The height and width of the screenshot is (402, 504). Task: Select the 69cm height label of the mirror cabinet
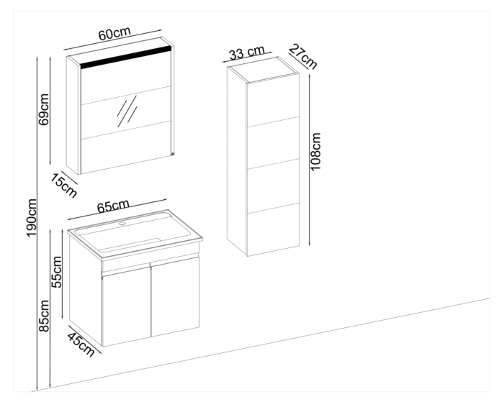(44, 109)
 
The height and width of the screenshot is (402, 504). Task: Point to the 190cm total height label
(32, 219)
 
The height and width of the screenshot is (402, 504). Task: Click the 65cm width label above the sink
(113, 206)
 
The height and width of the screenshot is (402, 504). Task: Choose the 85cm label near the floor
(44, 317)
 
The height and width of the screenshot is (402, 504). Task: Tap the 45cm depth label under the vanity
(81, 341)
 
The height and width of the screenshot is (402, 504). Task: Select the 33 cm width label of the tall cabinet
(247, 53)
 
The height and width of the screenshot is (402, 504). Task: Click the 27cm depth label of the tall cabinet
(302, 56)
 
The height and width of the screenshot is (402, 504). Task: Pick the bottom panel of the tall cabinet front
(273, 228)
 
